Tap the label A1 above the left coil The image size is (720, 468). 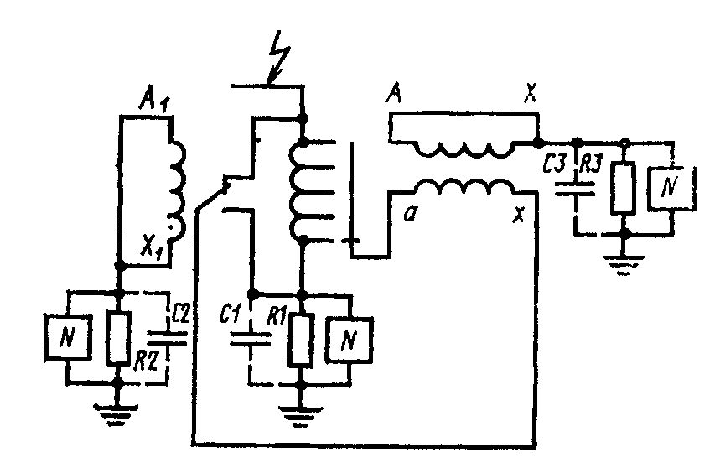tap(153, 100)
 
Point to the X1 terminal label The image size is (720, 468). tap(151, 250)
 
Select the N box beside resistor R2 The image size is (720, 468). tap(67, 337)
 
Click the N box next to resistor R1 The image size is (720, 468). tap(349, 340)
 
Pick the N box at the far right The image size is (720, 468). tap(671, 188)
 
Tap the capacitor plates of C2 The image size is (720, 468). tap(167, 339)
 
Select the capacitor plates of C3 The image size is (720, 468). tap(575, 188)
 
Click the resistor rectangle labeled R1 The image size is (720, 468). tap(301, 340)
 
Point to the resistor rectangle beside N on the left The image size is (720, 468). tap(118, 338)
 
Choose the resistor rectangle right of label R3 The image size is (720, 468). tap(623, 187)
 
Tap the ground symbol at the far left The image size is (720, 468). tap(117, 414)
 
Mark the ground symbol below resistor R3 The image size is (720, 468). tap(624, 265)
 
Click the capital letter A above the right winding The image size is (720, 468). tap(394, 94)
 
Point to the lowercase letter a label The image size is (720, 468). tap(409, 214)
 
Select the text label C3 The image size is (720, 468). tap(554, 164)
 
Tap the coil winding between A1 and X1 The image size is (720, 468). tap(177, 190)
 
